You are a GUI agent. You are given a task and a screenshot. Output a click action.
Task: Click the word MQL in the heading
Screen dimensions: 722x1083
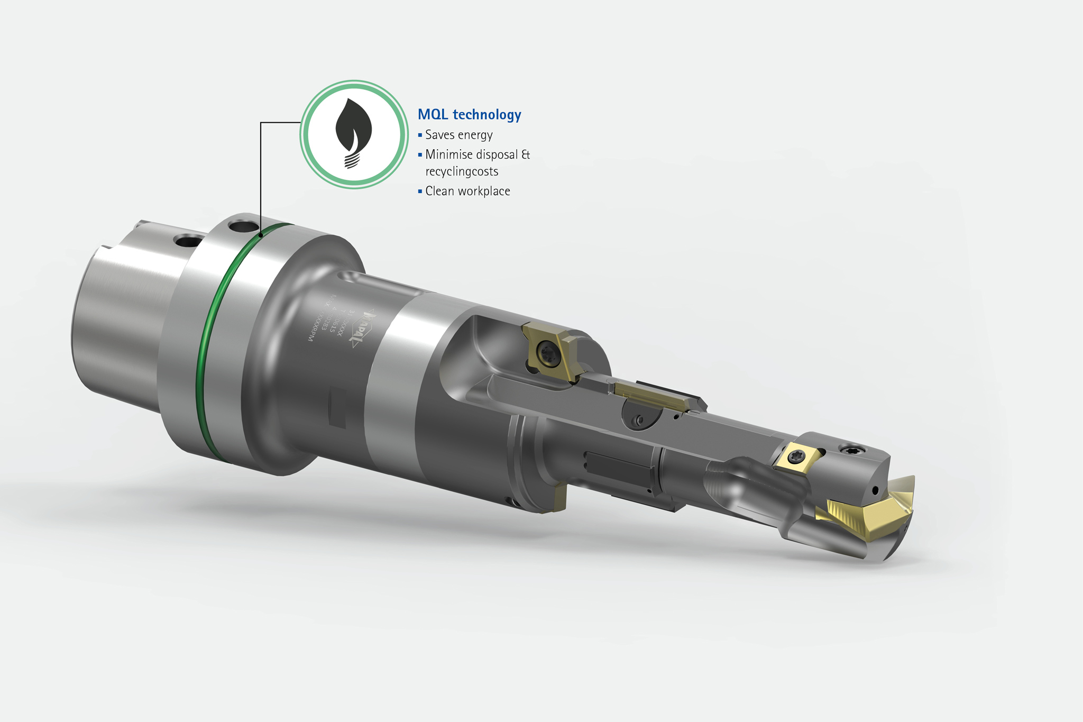pyautogui.click(x=433, y=115)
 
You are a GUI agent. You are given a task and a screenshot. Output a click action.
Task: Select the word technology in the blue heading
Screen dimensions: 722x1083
pyautogui.click(x=487, y=115)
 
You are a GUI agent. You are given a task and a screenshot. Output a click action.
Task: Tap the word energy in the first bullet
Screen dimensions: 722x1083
pyautogui.click(x=475, y=135)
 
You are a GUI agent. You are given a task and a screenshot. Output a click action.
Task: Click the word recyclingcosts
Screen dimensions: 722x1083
pyautogui.click(x=462, y=172)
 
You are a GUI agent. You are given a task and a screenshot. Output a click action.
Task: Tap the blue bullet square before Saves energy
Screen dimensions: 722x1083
pyautogui.click(x=420, y=135)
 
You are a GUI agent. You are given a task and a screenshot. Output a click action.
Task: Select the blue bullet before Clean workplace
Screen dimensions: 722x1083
pyautogui.click(x=420, y=191)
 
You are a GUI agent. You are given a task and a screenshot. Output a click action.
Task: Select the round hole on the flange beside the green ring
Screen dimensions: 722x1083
pyautogui.click(x=241, y=226)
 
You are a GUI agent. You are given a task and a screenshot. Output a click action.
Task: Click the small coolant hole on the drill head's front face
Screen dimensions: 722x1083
pyautogui.click(x=876, y=490)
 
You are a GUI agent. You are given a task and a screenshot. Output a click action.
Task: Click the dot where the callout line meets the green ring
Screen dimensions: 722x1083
pyautogui.click(x=261, y=234)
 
